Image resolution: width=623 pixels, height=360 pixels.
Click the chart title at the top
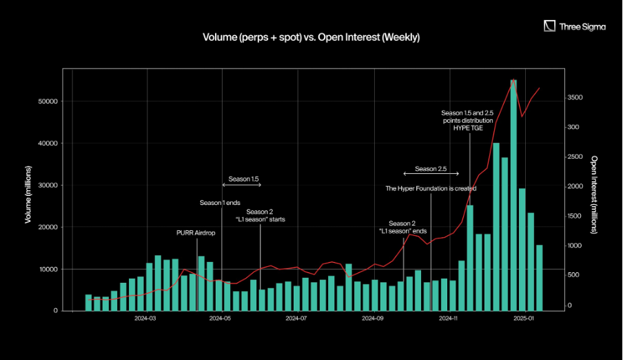[311, 37]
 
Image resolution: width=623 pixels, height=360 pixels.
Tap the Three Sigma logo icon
[549, 26]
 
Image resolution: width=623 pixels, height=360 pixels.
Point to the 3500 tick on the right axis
[575, 98]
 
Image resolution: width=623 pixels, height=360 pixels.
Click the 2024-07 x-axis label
[296, 319]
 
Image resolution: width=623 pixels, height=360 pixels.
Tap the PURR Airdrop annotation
[196, 233]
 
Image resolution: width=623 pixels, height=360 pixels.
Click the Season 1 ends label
[220, 203]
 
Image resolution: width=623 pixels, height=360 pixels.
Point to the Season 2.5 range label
[431, 169]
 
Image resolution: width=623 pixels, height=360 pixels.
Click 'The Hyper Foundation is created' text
[431, 188]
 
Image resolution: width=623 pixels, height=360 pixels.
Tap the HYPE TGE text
[469, 128]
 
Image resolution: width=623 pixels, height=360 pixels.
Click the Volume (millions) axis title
[28, 194]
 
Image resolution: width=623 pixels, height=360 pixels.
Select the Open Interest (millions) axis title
[594, 194]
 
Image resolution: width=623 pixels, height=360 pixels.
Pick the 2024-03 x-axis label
[145, 319]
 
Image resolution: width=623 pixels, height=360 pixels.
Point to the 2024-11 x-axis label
[448, 319]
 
